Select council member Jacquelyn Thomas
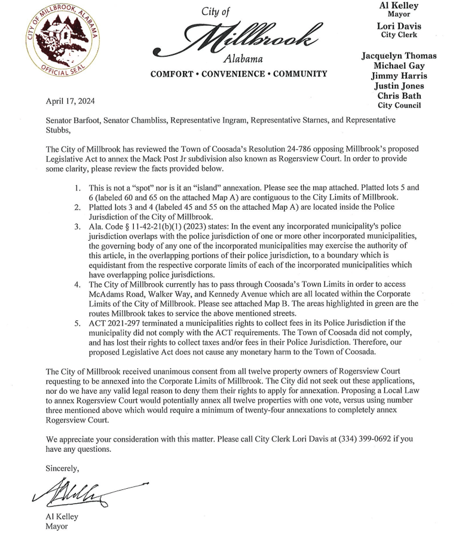[x=399, y=56]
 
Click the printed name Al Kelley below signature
[x=62, y=517]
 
